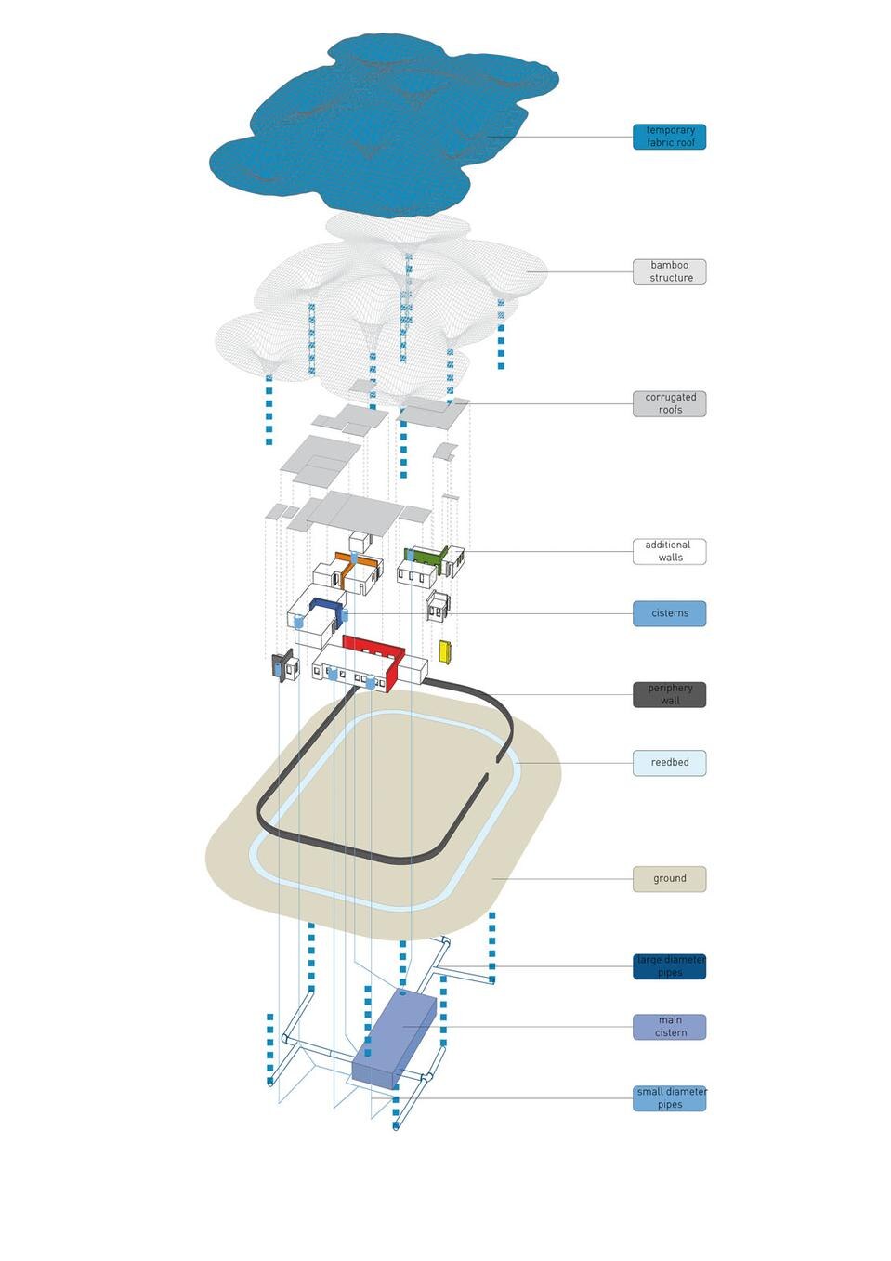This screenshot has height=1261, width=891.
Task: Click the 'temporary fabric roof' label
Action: coord(669,137)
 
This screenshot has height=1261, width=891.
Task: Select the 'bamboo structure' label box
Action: coord(669,271)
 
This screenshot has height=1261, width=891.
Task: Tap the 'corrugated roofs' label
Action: coord(669,403)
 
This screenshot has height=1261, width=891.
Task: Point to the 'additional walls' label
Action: coord(669,551)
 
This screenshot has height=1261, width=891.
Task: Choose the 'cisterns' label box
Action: coord(669,613)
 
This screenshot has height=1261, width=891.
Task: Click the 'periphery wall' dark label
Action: coord(669,694)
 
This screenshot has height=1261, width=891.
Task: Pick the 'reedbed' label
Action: coord(669,763)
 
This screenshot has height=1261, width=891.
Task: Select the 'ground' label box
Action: coord(669,878)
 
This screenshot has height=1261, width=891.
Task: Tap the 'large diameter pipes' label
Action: coord(669,966)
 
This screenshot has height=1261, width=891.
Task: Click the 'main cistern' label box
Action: coord(669,1027)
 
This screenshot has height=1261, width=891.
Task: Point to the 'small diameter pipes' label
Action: coord(669,1098)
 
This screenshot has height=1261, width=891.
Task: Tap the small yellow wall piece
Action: coord(444,650)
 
